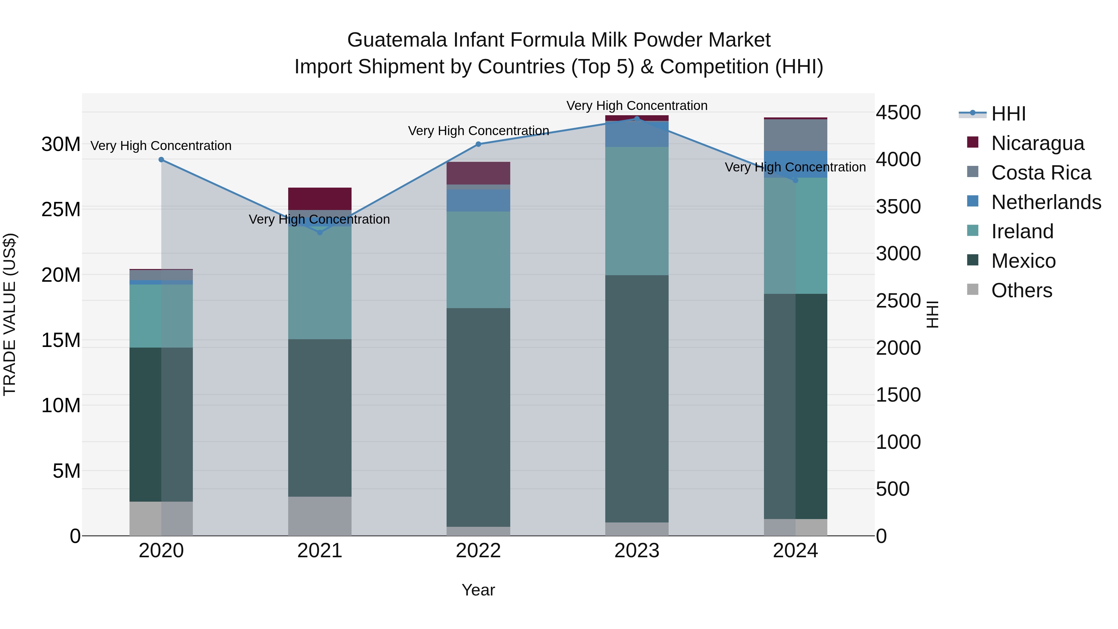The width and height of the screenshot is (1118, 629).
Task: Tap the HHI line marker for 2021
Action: pos(320,233)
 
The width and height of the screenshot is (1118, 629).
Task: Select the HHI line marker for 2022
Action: pos(478,144)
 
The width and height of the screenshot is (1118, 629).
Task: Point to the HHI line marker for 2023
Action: pos(637,119)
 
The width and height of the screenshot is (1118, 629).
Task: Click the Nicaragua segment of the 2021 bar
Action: pos(320,199)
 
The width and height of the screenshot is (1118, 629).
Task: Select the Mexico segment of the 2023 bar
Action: pos(637,399)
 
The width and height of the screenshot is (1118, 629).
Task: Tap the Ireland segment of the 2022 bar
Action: pos(478,260)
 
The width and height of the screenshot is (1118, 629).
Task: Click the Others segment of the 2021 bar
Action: pos(320,516)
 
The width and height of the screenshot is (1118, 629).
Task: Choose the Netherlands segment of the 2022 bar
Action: pos(478,200)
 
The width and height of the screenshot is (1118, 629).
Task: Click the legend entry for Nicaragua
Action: pos(1037,143)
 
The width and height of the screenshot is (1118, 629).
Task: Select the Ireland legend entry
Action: pos(1022,231)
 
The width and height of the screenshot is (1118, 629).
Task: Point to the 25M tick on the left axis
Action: pos(61,210)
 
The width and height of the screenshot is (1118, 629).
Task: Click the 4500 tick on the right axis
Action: pos(898,112)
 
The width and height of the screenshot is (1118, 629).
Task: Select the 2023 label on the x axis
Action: pos(637,551)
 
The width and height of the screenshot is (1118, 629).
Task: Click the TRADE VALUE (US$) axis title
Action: pos(10,314)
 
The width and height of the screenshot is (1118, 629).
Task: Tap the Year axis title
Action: pos(478,590)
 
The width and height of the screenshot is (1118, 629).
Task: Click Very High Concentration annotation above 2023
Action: pos(637,106)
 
